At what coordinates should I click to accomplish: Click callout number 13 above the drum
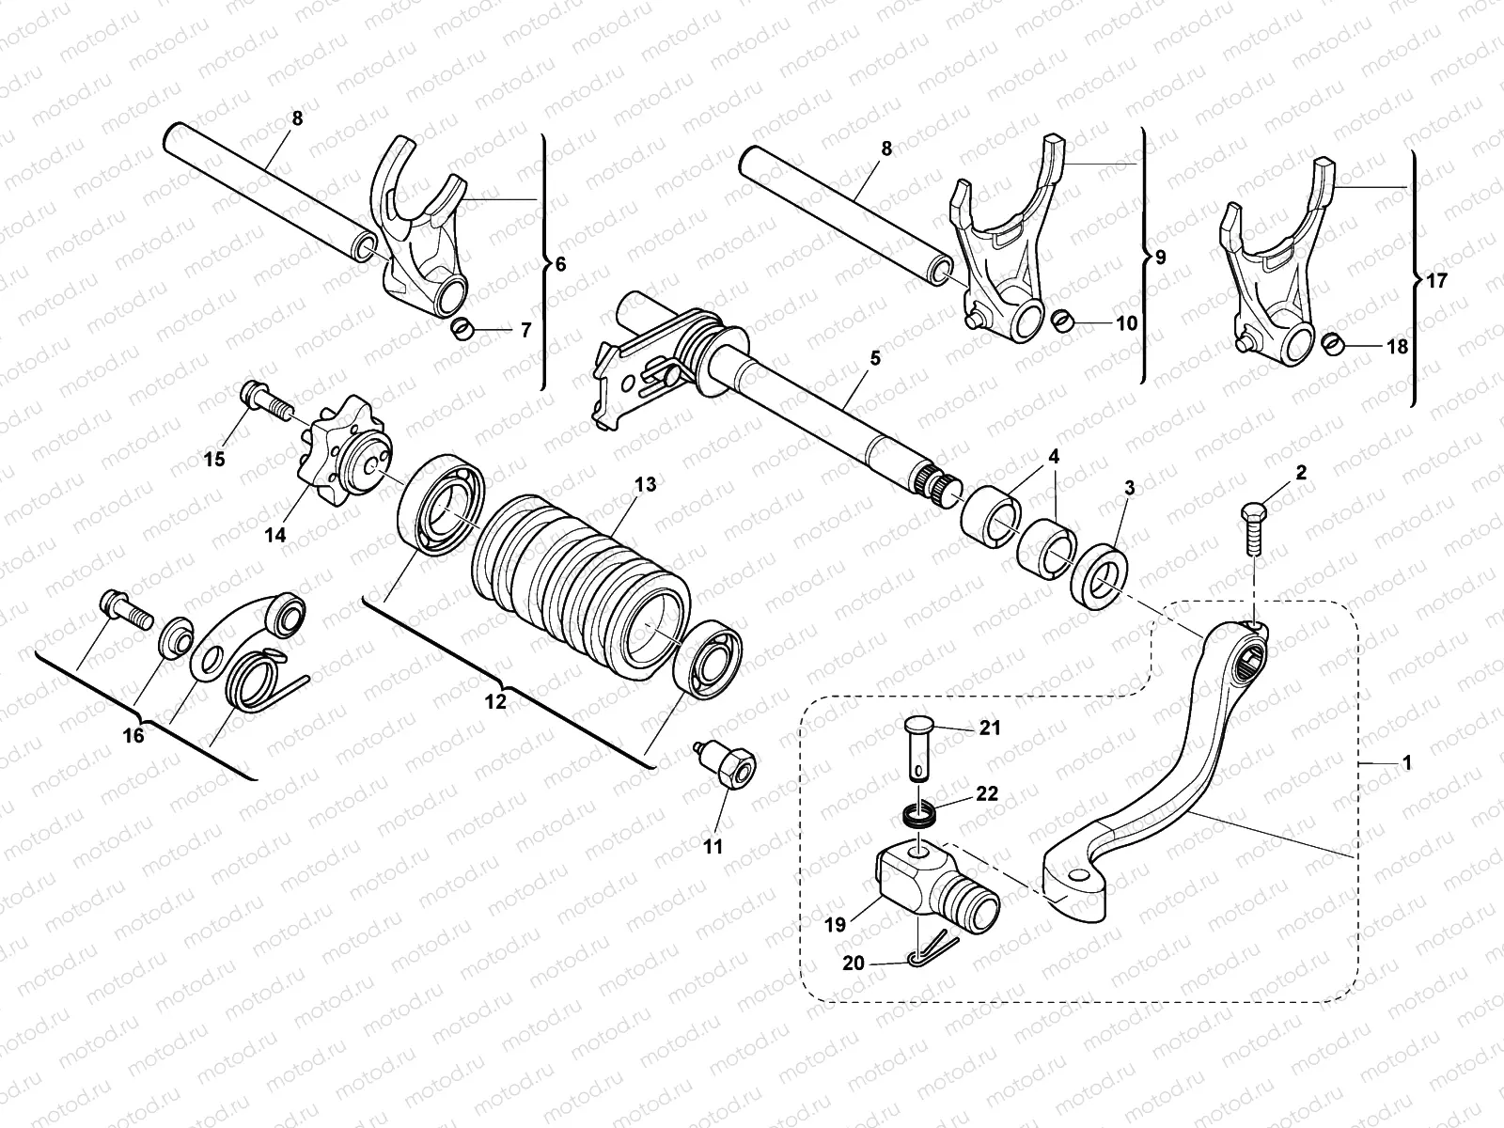pyautogui.click(x=645, y=485)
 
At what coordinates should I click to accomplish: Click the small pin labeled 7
pyautogui.click(x=461, y=328)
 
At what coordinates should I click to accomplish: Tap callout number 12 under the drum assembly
pyautogui.click(x=495, y=701)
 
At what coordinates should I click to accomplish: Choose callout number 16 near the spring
pyautogui.click(x=134, y=735)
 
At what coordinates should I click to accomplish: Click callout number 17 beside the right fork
pyautogui.click(x=1437, y=280)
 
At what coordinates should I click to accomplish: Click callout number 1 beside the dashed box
pyautogui.click(x=1406, y=764)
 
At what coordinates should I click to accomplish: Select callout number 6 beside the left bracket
pyautogui.click(x=561, y=265)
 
